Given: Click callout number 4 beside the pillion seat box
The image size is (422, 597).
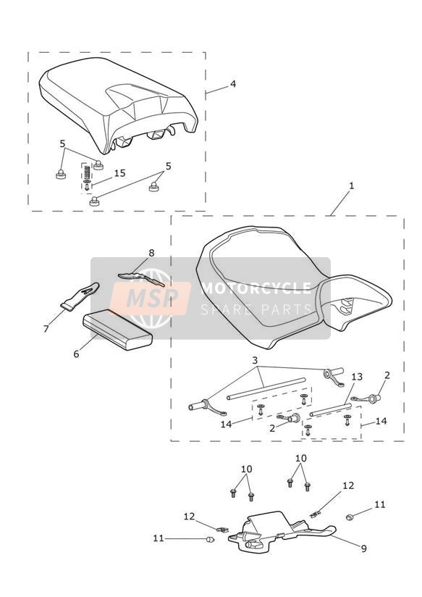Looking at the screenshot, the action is (233, 84).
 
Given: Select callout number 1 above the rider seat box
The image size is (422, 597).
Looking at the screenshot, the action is (351, 185).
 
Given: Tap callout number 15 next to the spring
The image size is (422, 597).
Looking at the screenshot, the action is (119, 173).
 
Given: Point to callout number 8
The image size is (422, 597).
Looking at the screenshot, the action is (151, 253).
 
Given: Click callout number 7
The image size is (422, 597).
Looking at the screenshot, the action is (46, 329).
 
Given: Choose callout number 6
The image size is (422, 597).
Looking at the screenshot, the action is (76, 354).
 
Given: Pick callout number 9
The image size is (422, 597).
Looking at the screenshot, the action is (364, 548).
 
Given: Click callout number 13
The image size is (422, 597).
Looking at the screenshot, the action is (357, 377).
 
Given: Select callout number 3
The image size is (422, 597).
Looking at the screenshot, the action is (255, 360).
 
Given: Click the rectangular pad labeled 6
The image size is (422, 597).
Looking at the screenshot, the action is (117, 330).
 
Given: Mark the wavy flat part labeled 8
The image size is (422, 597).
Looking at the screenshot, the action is (141, 278).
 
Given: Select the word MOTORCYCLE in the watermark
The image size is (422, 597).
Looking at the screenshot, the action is (256, 288).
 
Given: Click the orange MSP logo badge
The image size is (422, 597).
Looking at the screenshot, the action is (151, 298).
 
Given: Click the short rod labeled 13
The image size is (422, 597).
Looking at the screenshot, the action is (331, 409).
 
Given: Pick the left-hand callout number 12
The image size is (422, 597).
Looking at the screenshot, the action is (189, 517).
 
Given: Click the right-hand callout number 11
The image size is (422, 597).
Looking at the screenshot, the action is (380, 504).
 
